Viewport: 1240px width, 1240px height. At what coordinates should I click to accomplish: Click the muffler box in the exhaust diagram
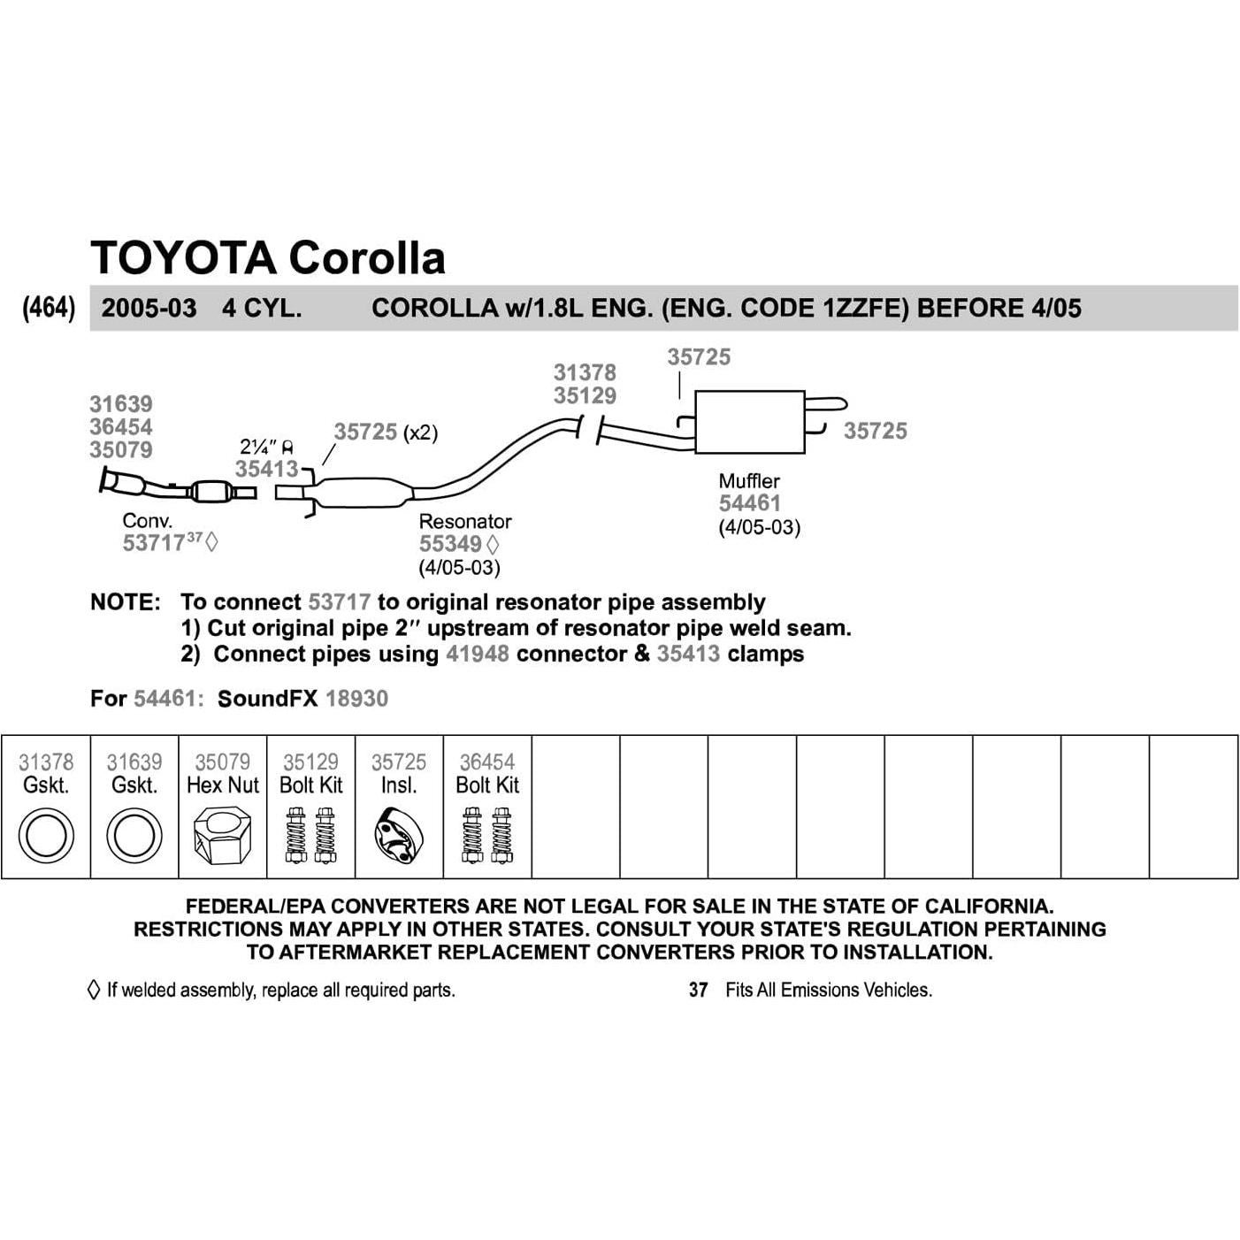[x=750, y=422]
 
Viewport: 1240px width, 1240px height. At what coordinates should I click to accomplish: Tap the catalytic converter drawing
[x=210, y=492]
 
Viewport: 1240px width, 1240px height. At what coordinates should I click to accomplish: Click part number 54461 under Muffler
[x=750, y=503]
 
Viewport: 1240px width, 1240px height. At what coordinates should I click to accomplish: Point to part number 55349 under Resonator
[x=450, y=544]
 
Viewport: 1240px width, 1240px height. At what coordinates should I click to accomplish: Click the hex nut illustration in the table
[x=223, y=835]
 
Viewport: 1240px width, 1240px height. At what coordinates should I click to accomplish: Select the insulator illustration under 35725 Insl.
[x=399, y=836]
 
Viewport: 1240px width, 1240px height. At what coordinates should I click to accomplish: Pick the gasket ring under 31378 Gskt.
[x=46, y=836]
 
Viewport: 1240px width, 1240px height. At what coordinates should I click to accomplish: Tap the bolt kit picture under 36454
[x=487, y=836]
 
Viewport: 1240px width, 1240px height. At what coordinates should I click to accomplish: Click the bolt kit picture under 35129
[x=311, y=836]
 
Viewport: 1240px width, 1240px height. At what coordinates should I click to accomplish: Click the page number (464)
[x=49, y=308]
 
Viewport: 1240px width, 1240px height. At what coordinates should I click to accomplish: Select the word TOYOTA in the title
[x=183, y=257]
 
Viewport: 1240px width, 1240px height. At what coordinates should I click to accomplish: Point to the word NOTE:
[x=126, y=602]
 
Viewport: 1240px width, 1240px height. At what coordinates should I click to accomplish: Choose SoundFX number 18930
[x=356, y=699]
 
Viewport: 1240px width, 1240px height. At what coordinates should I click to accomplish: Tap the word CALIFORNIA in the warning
[x=989, y=907]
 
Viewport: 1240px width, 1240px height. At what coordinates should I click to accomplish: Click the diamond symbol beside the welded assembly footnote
[x=94, y=990]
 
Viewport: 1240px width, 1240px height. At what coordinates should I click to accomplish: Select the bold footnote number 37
[x=698, y=990]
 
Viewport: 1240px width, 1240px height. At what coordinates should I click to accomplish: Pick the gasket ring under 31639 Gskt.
[x=134, y=836]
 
